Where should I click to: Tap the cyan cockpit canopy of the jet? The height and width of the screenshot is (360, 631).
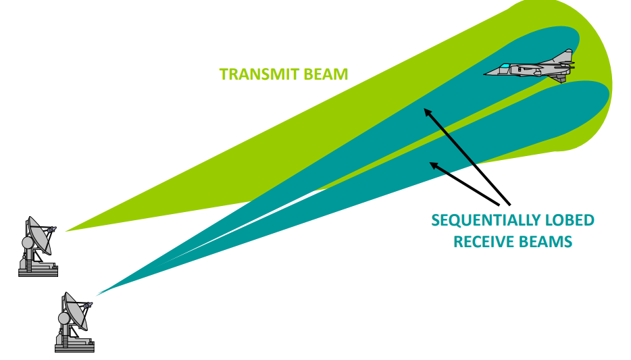[x=505, y=66]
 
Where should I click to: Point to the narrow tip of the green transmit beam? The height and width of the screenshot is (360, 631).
[x=68, y=230]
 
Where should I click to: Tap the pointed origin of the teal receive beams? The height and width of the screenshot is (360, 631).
[x=99, y=294]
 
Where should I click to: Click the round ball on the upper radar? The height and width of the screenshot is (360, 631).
[x=28, y=242]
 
